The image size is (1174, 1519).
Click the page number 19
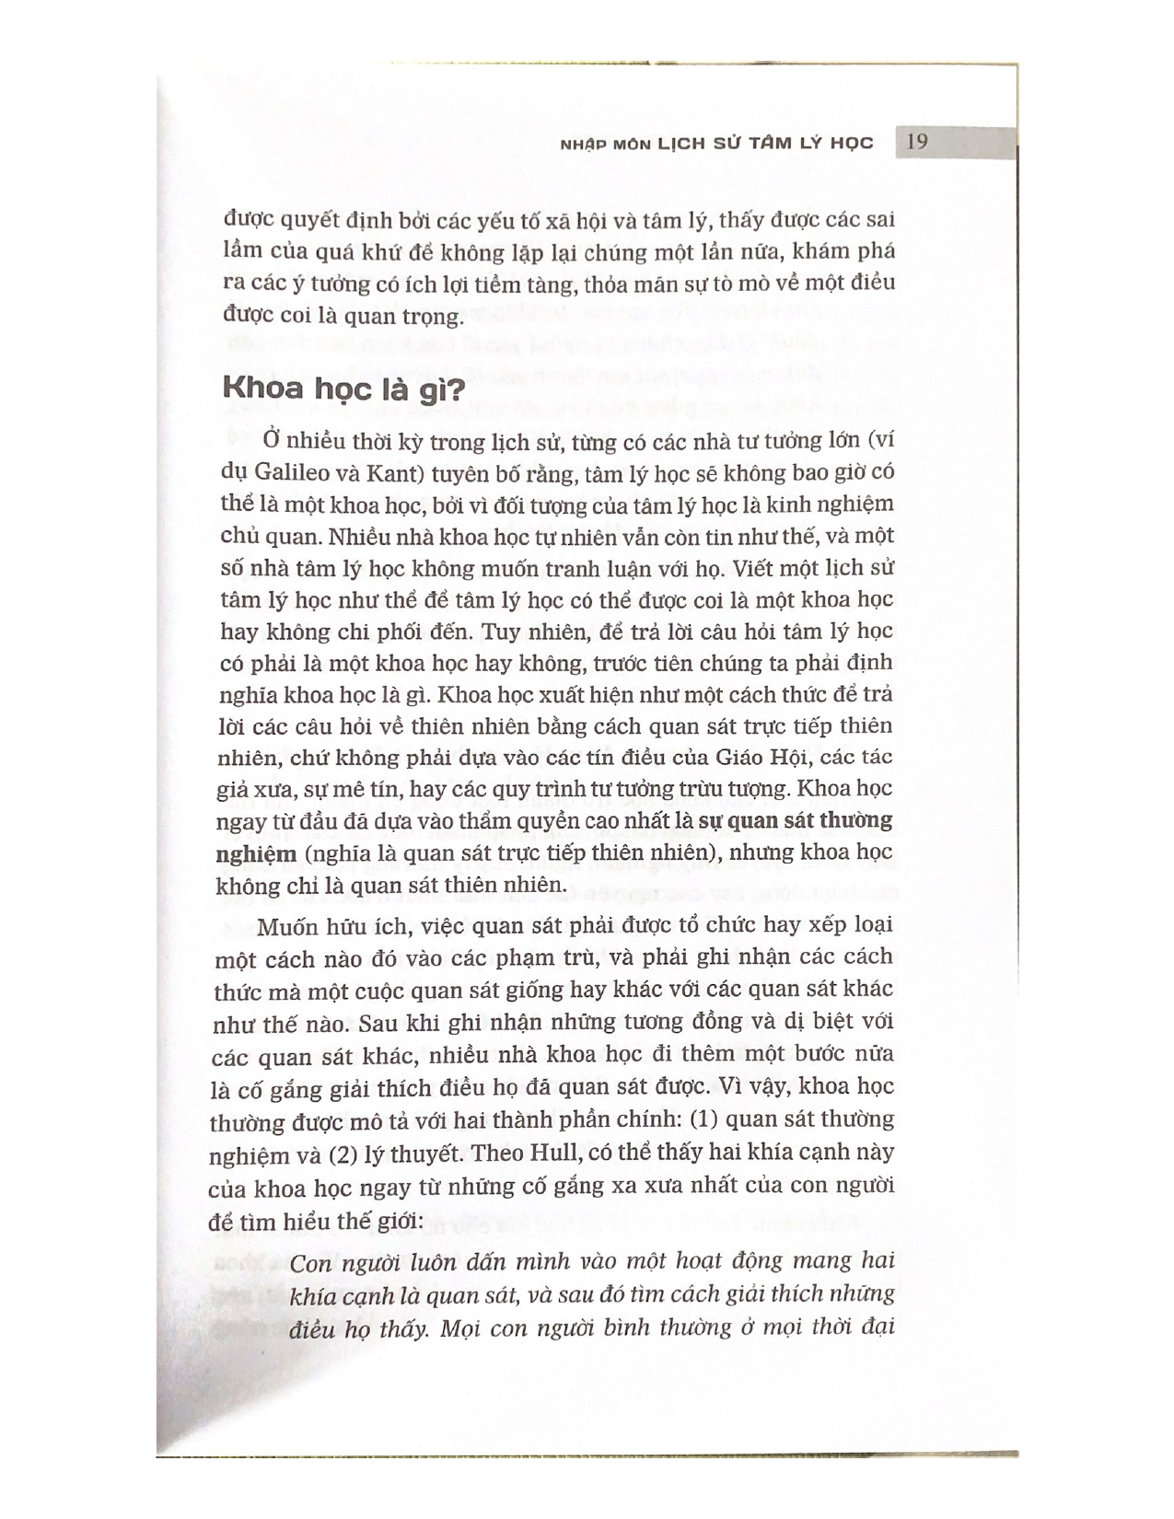(916, 142)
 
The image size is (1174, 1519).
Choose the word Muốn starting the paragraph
(283, 925)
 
